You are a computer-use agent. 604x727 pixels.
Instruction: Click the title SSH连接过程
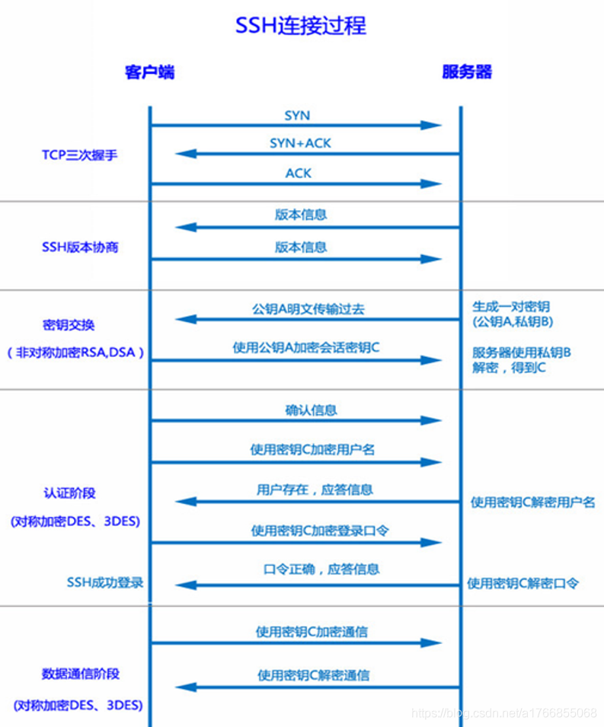click(x=301, y=25)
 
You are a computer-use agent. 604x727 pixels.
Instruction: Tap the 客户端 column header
click(x=150, y=72)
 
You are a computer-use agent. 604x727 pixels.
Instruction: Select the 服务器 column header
click(x=467, y=72)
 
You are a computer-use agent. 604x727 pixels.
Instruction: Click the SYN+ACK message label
click(x=300, y=143)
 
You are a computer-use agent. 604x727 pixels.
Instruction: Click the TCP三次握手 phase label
click(x=79, y=155)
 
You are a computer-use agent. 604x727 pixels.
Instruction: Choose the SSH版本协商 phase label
click(x=80, y=247)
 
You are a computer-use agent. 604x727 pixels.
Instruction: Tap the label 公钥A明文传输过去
click(x=308, y=309)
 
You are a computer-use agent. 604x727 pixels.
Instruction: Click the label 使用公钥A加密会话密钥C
click(x=306, y=348)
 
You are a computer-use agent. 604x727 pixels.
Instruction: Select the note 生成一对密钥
click(x=511, y=307)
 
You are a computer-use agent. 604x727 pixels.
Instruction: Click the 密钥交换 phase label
click(x=69, y=325)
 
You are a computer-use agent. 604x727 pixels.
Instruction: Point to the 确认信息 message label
click(x=311, y=410)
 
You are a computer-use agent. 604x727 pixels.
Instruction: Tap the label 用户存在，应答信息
click(x=315, y=490)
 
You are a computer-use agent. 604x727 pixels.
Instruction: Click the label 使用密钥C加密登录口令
click(x=320, y=531)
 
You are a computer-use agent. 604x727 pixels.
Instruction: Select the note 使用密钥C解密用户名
click(x=533, y=502)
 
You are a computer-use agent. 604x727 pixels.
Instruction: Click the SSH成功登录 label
click(x=105, y=582)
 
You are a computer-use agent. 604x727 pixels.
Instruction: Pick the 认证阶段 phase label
click(x=69, y=493)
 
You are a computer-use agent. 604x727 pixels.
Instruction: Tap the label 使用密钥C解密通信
click(x=314, y=675)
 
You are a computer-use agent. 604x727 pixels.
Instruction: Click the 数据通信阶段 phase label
click(x=81, y=674)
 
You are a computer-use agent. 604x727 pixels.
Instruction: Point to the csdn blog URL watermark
click(x=503, y=713)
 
